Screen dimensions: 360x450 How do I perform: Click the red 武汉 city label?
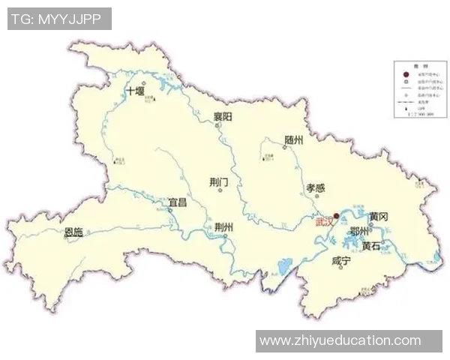point(323,222)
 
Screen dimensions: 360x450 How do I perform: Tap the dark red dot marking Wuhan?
point(337,215)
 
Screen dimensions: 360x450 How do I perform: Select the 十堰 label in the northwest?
point(135,91)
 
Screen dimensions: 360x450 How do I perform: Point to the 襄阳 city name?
point(222,116)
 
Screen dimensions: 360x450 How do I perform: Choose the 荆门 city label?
point(219,181)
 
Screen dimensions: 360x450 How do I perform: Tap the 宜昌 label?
point(177,202)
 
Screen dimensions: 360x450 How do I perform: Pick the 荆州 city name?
point(223,227)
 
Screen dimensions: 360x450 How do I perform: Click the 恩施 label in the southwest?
point(73,232)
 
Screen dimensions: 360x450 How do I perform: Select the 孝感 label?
point(316,187)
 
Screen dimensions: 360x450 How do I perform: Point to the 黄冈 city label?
point(378,216)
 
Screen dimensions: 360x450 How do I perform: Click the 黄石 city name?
point(371,245)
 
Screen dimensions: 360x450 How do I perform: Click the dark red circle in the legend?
point(406,74)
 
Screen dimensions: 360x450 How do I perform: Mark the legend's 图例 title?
point(415,66)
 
